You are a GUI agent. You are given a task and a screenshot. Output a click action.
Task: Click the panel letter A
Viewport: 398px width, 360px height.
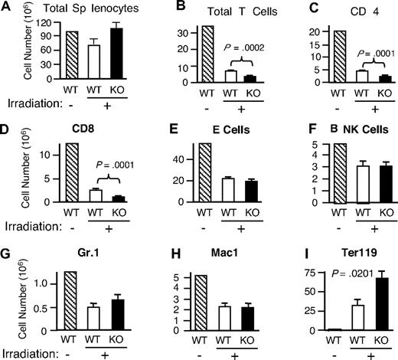click(x=7, y=8)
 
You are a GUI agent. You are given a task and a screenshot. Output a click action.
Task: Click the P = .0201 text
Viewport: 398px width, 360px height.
click(x=327, y=266)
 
